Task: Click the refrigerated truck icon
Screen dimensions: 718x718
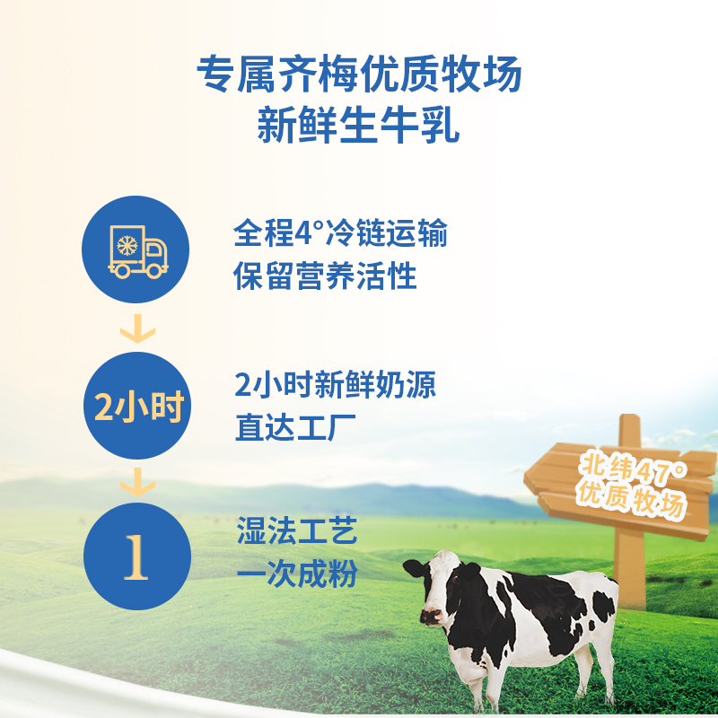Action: click(x=138, y=251)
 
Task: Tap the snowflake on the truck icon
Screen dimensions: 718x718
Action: click(x=127, y=245)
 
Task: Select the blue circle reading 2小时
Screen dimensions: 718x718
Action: click(x=137, y=406)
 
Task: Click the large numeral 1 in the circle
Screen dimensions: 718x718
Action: click(x=136, y=556)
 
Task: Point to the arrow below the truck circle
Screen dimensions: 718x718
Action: click(x=138, y=328)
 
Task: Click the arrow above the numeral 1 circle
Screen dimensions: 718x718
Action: click(x=138, y=482)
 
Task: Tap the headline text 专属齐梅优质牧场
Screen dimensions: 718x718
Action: click(x=360, y=74)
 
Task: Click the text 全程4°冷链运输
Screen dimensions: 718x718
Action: click(x=340, y=233)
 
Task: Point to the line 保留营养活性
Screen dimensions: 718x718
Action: click(x=325, y=276)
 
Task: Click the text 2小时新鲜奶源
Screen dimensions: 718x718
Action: click(x=335, y=385)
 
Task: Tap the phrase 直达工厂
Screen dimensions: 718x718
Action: click(x=295, y=427)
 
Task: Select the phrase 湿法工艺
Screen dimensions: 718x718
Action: click(x=297, y=530)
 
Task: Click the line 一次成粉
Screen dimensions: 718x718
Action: click(x=297, y=574)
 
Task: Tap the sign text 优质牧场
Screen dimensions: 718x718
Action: click(x=632, y=500)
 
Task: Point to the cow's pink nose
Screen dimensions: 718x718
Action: click(x=432, y=617)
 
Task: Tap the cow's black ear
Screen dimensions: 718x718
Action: click(x=415, y=568)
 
